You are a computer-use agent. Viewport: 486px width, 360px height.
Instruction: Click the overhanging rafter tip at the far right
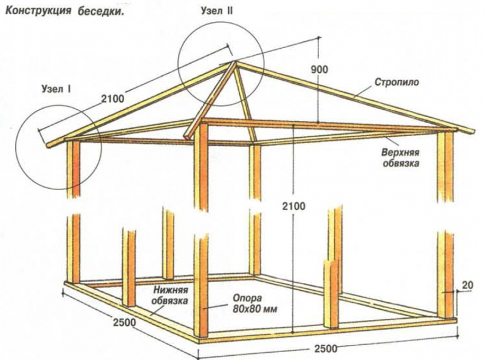(470, 133)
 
